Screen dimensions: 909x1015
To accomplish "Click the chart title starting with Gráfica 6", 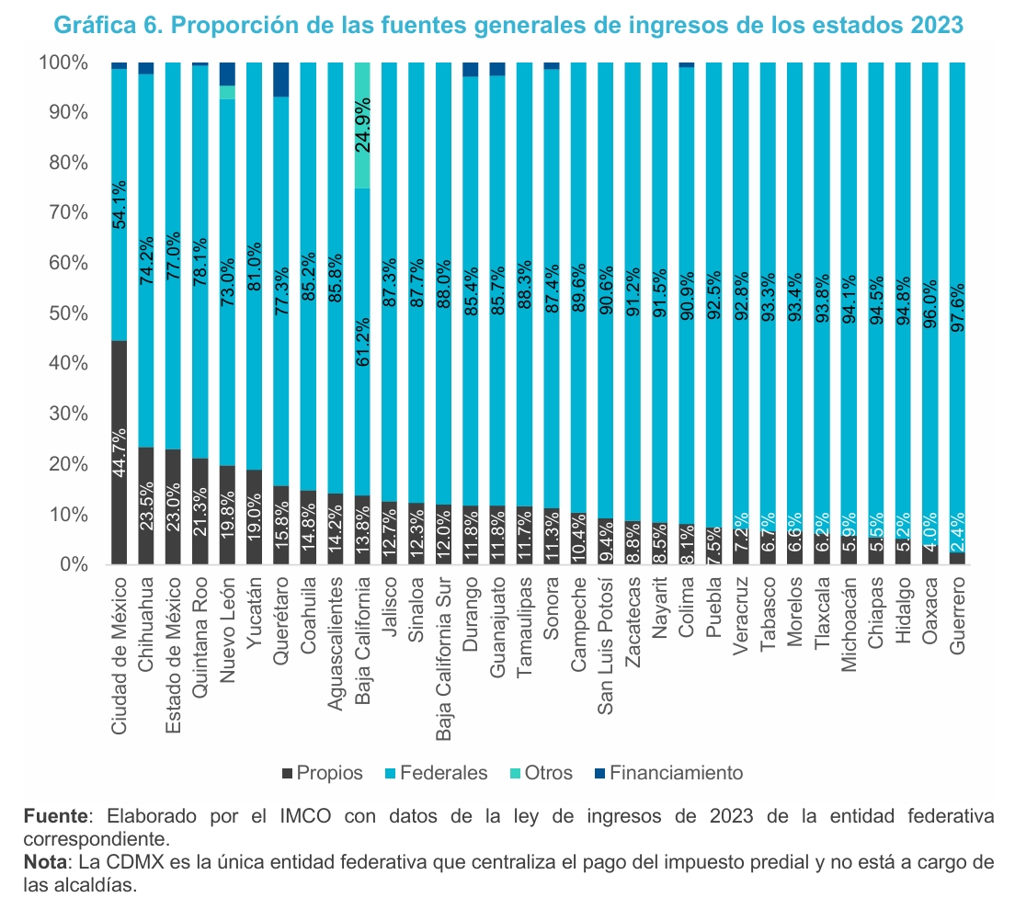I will (x=507, y=25).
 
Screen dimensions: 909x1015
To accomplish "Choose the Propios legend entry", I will (x=322, y=773).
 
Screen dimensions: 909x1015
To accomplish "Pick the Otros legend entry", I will (x=541, y=773).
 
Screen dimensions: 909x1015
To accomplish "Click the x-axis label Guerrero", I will (x=957, y=616).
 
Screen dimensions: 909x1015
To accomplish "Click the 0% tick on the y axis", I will (x=70, y=564).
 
